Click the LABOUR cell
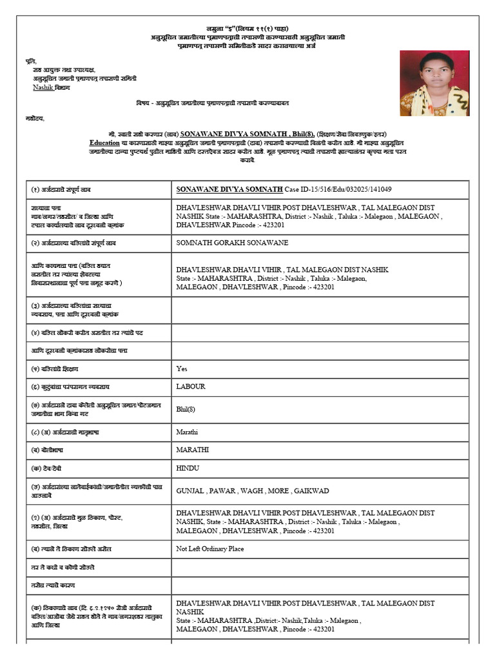tap(191, 387)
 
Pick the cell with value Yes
tap(182, 369)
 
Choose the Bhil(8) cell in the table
tap(188, 409)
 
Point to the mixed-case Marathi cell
tap(188, 431)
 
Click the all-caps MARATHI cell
tap(192, 449)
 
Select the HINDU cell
tap(189, 467)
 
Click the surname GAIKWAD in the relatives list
tap(312, 491)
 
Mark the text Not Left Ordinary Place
tap(210, 549)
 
